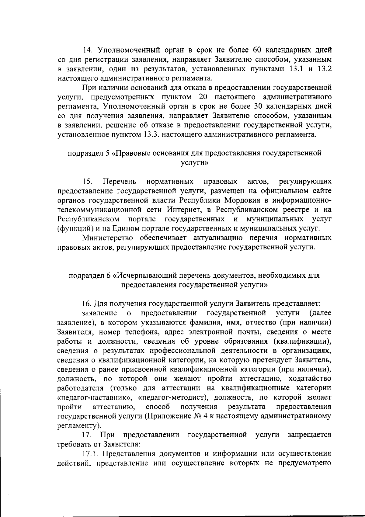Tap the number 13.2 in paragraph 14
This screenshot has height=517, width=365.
tap(325, 69)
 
